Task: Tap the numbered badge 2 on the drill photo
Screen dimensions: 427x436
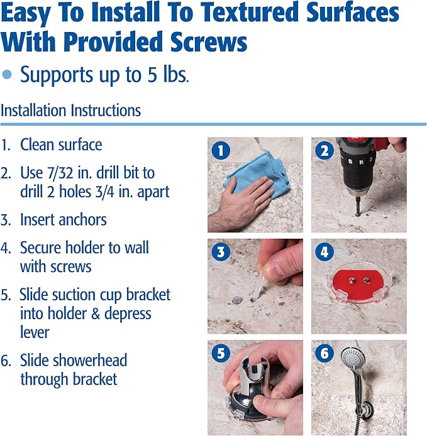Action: click(324, 151)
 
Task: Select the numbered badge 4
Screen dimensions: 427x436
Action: click(324, 252)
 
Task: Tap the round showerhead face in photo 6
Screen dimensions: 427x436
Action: click(352, 357)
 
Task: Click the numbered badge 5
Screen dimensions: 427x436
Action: click(221, 353)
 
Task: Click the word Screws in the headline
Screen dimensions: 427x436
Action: click(209, 41)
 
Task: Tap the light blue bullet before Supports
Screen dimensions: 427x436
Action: click(7, 75)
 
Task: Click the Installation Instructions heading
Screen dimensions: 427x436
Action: click(70, 111)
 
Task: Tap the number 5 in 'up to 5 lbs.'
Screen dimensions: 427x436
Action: click(152, 75)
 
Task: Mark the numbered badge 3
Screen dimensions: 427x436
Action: click(221, 252)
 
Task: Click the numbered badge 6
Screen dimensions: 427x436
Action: click(324, 353)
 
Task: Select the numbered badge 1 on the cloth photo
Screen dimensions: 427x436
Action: click(221, 151)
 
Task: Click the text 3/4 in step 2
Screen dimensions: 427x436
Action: click(104, 192)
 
